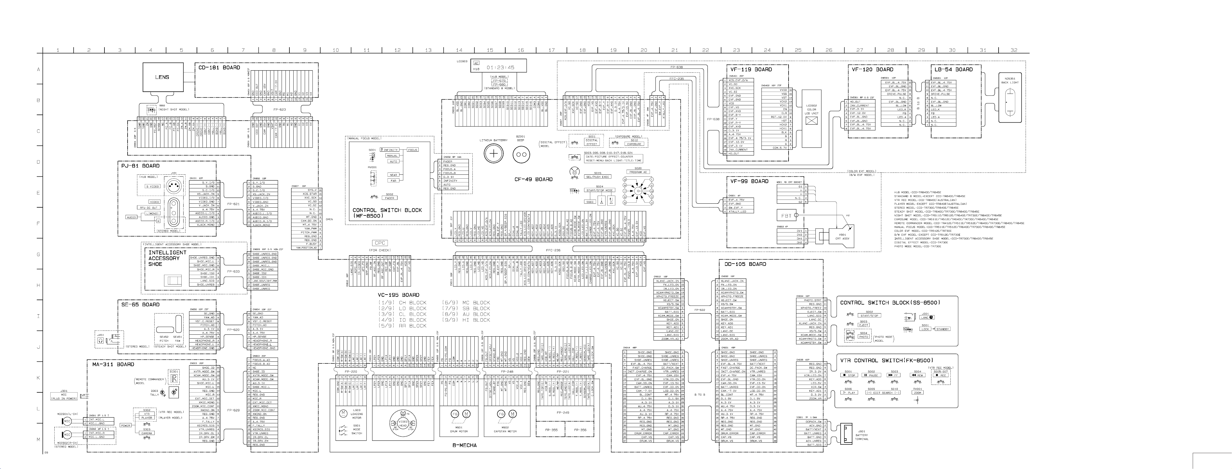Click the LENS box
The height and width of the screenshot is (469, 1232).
click(x=162, y=77)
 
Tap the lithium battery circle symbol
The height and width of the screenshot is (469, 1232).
click(x=494, y=154)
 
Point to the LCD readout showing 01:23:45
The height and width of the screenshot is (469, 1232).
click(x=500, y=67)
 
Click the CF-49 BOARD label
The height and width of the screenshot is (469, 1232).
click(x=533, y=179)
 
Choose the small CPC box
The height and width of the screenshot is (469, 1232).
click(x=380, y=243)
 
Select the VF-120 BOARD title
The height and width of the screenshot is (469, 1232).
click(x=872, y=69)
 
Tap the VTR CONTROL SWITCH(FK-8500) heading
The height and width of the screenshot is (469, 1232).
click(x=886, y=360)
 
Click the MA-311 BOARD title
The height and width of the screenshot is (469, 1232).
click(x=113, y=364)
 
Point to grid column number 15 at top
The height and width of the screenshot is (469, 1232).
click(x=490, y=50)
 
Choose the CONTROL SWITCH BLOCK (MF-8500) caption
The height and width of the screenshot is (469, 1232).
click(x=387, y=213)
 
